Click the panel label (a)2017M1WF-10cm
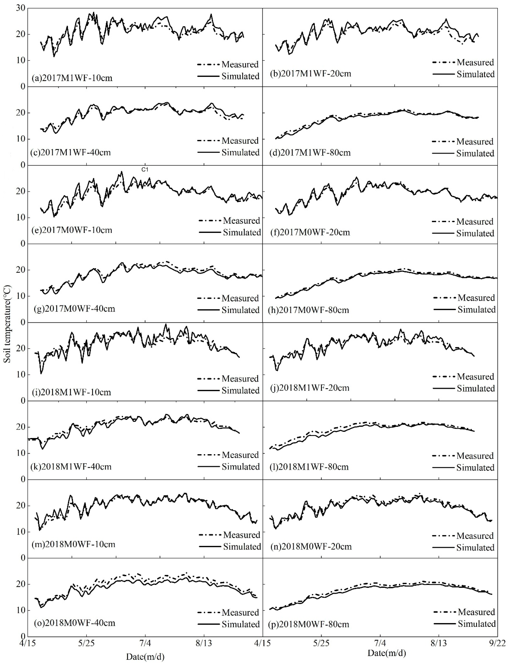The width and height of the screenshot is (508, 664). [72, 78]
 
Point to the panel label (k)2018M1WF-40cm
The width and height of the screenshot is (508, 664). [71, 467]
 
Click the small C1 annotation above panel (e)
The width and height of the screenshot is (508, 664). [145, 170]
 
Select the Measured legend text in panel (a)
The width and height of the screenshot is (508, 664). [240, 64]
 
